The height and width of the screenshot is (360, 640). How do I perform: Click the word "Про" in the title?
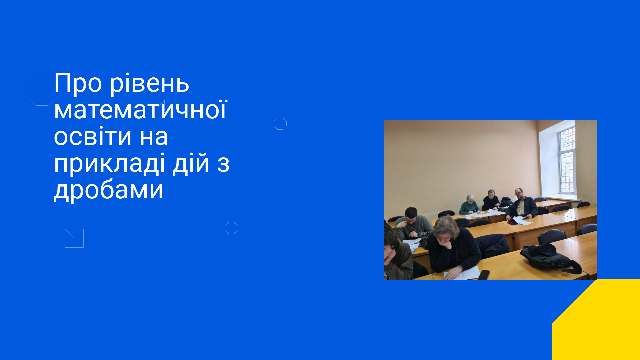click(78, 83)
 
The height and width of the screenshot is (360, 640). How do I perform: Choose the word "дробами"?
click(109, 190)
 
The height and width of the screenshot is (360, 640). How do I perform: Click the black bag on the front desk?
click(550, 258)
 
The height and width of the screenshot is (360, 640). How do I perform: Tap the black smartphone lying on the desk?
click(484, 275)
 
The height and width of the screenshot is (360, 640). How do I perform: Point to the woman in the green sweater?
click(469, 205)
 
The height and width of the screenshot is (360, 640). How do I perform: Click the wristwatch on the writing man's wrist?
click(419, 235)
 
